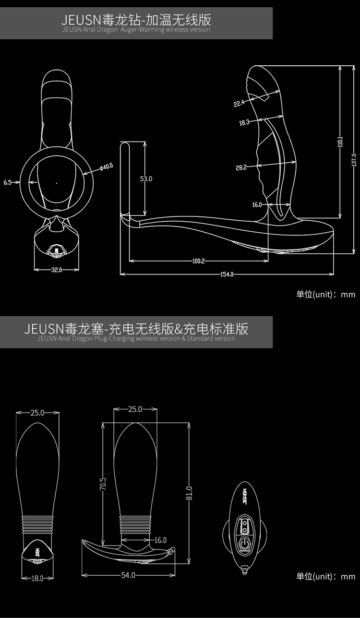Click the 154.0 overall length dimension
(227, 274)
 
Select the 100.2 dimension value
(199, 261)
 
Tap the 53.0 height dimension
(146, 179)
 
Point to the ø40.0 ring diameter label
(106, 166)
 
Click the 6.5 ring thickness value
(8, 182)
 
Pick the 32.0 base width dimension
(57, 270)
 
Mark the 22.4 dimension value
(239, 104)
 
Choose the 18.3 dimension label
(244, 122)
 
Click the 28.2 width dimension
(241, 167)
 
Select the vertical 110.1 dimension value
(340, 142)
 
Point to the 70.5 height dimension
(103, 484)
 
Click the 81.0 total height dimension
(189, 493)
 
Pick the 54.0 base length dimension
(128, 575)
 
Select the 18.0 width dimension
(37, 578)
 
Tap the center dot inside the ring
(57, 183)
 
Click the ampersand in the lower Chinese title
(179, 329)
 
